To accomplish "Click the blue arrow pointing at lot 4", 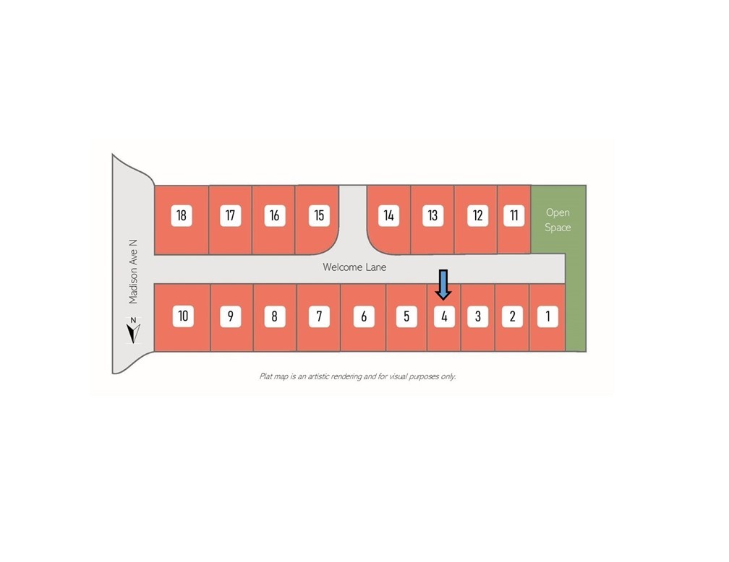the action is coord(443,285).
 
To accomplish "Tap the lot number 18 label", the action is coord(182,215).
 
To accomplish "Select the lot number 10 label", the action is coord(183,316).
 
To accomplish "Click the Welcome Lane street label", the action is coord(354,267).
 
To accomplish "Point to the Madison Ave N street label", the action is coord(133,272).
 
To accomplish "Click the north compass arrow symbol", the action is coord(133,331).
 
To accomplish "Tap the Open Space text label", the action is coord(558,220).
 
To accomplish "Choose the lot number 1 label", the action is coord(547,316).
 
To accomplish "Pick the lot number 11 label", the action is coord(513,215).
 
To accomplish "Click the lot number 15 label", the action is coord(319,215).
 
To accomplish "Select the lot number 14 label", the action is coord(388,215).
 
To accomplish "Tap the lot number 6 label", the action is coord(364,316).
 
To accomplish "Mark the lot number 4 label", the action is coord(444,316).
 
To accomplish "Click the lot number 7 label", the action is coord(319,316).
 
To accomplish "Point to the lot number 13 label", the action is coord(432,215).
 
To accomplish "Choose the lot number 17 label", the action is coord(230,215).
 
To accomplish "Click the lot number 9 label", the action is coord(230,316).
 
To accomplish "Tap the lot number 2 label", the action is coord(512,316).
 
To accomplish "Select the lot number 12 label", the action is coord(477,215).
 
